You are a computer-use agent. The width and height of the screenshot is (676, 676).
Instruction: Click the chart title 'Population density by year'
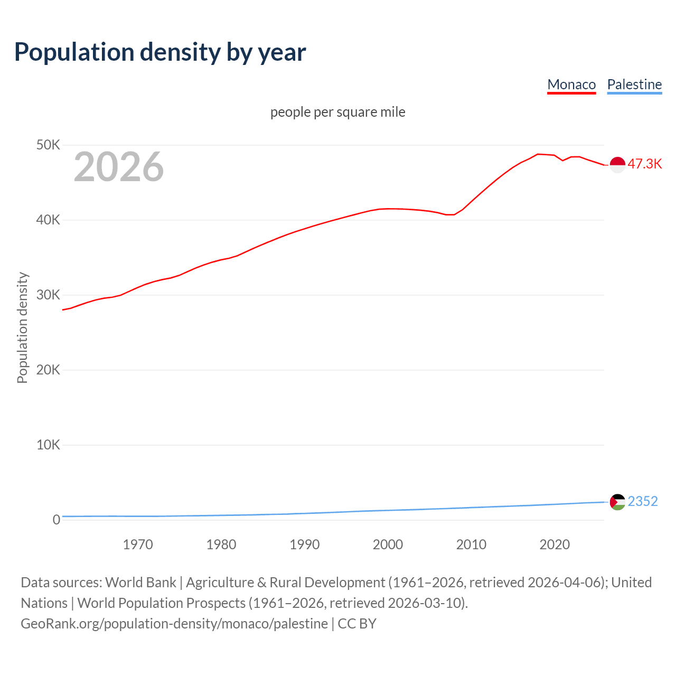(160, 52)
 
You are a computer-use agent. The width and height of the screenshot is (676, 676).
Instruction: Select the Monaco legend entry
(571, 84)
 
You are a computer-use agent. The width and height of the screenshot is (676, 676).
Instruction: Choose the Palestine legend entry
(634, 84)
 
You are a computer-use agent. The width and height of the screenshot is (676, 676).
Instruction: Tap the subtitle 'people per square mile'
(337, 112)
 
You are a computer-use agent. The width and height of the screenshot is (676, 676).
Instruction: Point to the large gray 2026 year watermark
(119, 167)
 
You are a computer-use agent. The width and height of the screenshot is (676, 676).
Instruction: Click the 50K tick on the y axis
(48, 145)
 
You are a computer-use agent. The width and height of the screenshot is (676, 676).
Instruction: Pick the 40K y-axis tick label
(48, 220)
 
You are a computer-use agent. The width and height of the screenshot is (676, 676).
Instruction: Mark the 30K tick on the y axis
(48, 295)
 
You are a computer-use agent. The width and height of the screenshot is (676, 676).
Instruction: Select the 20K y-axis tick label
(48, 370)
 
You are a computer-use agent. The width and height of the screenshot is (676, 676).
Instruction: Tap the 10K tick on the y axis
(48, 445)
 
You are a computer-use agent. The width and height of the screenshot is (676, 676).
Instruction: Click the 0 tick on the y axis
(56, 520)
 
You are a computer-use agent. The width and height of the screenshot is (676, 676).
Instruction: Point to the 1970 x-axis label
(138, 544)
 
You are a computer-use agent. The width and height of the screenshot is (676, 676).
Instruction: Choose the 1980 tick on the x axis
(221, 544)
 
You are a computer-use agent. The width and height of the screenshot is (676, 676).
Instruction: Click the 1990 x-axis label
(305, 544)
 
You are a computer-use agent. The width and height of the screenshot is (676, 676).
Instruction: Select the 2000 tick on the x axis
(388, 544)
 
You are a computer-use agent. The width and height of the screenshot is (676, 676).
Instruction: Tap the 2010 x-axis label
(471, 544)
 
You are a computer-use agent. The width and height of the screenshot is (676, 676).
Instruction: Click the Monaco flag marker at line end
(617, 165)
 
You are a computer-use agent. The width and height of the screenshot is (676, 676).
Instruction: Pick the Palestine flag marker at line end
(617, 502)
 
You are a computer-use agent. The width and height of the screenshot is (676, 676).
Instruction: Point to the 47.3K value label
(644, 164)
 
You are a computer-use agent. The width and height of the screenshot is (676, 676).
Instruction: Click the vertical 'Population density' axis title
(22, 327)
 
